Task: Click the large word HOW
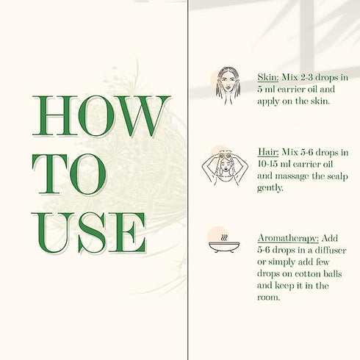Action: click(x=101, y=116)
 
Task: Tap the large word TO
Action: click(x=69, y=174)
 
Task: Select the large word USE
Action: click(x=89, y=233)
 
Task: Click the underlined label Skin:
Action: click(x=268, y=77)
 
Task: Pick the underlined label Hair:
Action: click(x=268, y=152)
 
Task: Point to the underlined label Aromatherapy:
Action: click(x=288, y=239)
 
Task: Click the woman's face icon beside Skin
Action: click(x=228, y=85)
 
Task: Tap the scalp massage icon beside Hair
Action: click(x=225, y=168)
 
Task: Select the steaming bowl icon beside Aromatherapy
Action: click(x=224, y=243)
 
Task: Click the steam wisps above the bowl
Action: click(x=224, y=237)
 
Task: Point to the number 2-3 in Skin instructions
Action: click(x=306, y=78)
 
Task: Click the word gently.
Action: click(x=270, y=188)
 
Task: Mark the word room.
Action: click(x=268, y=298)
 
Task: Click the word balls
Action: click(x=332, y=273)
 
